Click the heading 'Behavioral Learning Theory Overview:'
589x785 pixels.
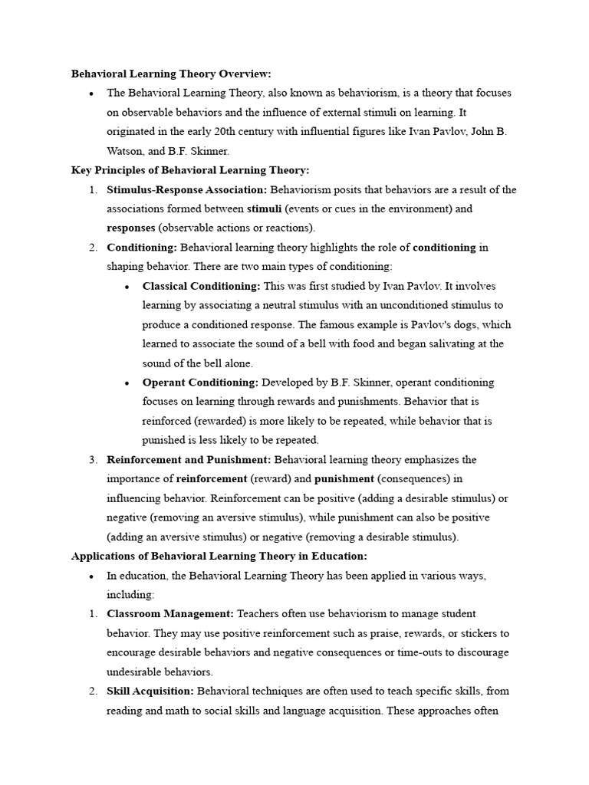tap(171, 74)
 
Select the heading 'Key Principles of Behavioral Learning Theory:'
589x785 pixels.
tap(190, 170)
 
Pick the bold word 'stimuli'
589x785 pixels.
tap(265, 209)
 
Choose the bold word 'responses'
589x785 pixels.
tap(131, 228)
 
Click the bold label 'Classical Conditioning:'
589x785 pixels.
tap(202, 286)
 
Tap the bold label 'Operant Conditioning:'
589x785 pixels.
tap(200, 383)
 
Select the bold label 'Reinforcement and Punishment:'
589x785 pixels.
tap(189, 460)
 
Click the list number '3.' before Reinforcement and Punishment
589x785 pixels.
tap(92, 460)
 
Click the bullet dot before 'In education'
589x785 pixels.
tap(91, 576)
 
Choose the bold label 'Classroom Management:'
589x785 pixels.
tap(170, 614)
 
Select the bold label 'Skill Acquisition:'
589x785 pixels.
tap(151, 691)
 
